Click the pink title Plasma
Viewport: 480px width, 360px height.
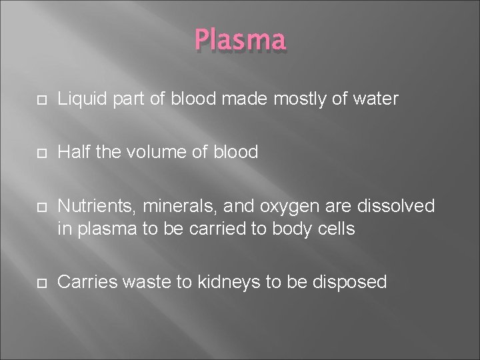pos(241,40)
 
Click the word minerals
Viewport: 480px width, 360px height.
pos(170,207)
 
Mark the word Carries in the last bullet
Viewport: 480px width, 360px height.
pos(85,282)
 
